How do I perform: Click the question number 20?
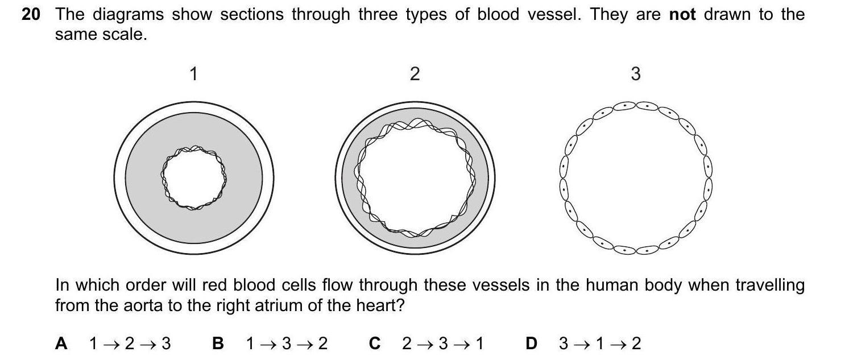31,15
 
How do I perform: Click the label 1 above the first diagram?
193,74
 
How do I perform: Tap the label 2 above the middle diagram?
415,74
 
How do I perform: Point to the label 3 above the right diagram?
636,74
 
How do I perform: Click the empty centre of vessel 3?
636,177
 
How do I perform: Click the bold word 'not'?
682,15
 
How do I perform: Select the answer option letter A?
61,344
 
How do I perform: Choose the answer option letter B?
218,344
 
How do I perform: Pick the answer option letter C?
374,344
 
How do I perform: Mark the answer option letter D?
531,344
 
